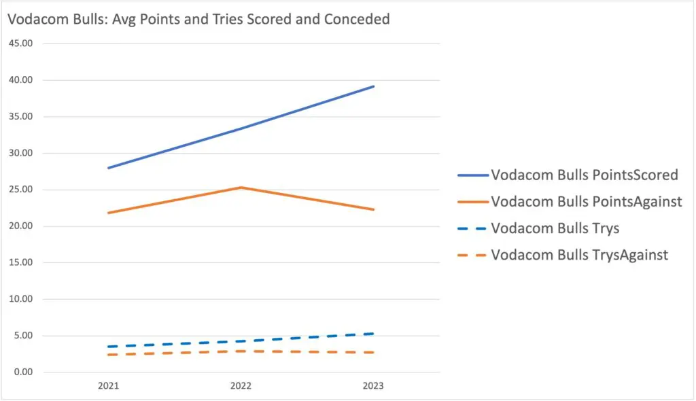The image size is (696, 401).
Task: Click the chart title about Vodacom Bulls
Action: (198, 19)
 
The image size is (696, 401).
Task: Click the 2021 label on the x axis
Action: (108, 386)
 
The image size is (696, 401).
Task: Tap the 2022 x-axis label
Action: (241, 386)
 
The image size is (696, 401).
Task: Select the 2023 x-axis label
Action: (373, 386)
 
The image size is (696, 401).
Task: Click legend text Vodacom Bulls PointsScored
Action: (584, 175)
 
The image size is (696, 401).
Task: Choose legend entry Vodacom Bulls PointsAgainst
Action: (587, 202)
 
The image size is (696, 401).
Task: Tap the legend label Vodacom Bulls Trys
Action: (555, 228)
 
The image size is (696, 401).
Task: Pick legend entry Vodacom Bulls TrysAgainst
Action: (579, 255)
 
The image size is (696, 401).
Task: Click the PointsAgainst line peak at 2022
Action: (241, 188)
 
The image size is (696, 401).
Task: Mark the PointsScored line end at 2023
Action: (373, 86)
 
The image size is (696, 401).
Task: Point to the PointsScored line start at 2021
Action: (109, 168)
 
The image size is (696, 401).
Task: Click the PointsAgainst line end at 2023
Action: (373, 209)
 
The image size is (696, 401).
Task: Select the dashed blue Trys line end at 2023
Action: (373, 334)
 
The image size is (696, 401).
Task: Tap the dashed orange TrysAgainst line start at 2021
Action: (109, 355)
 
